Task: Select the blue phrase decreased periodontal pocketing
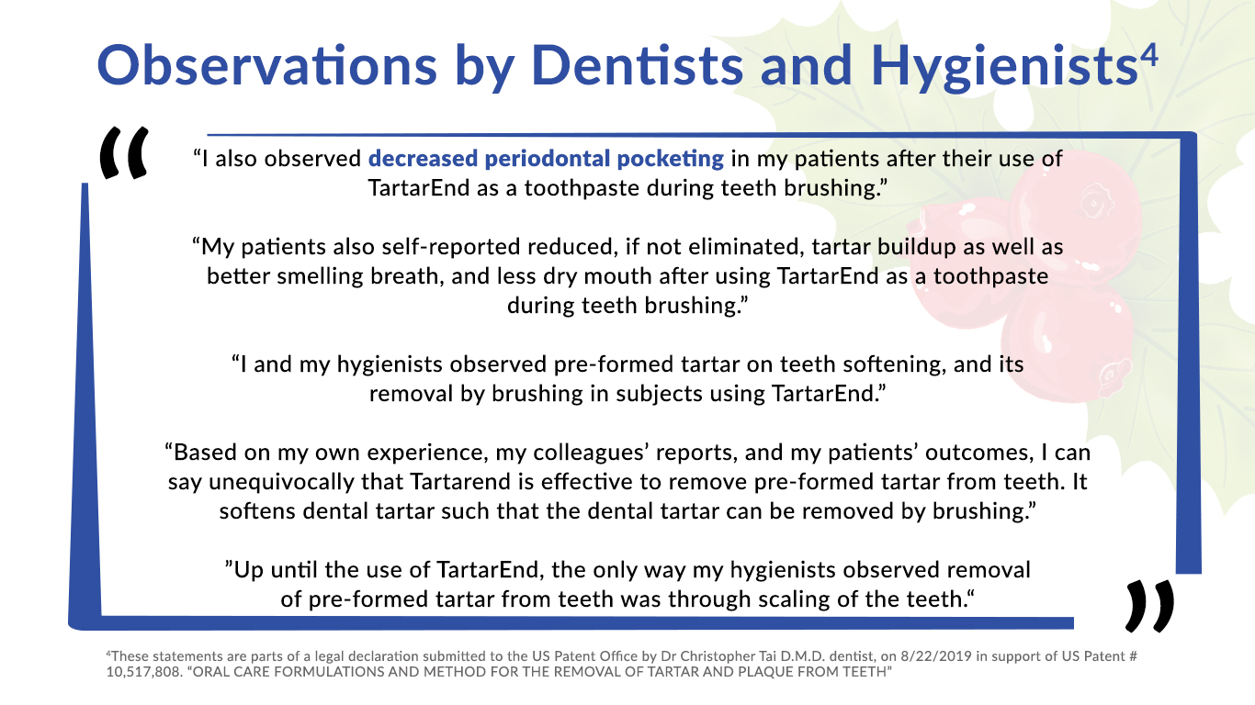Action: tap(546, 158)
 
